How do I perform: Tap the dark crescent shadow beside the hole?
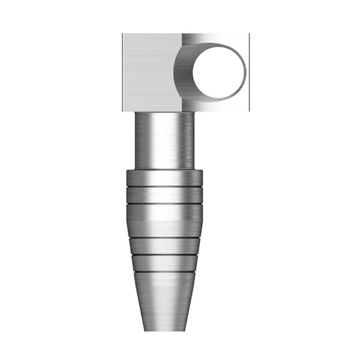(x=183, y=72)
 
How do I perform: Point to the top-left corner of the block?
(x=123, y=34)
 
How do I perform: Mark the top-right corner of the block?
(x=248, y=34)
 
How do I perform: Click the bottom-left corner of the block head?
(x=123, y=112)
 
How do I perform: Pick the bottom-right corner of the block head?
(x=248, y=112)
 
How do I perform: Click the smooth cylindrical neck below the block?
(x=164, y=141)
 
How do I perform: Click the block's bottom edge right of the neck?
(x=222, y=112)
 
